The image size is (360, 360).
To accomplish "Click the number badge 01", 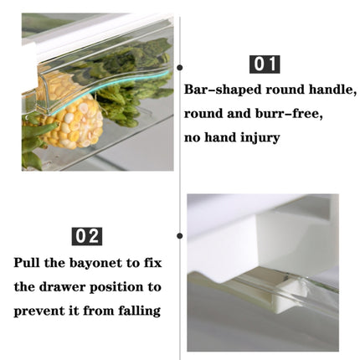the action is pyautogui.click(x=265, y=64).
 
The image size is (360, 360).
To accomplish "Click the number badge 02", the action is pyautogui.click(x=87, y=236).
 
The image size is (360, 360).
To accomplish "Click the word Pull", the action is pyautogui.click(x=27, y=263).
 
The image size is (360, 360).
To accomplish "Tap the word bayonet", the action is pyautogui.click(x=95, y=264).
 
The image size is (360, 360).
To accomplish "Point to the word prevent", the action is pyautogui.click(x=37, y=311).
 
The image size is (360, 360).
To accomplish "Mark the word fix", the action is pyautogui.click(x=152, y=263).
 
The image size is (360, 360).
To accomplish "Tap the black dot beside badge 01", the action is pyautogui.click(x=180, y=67).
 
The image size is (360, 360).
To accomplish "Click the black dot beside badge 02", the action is pyautogui.click(x=180, y=236).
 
